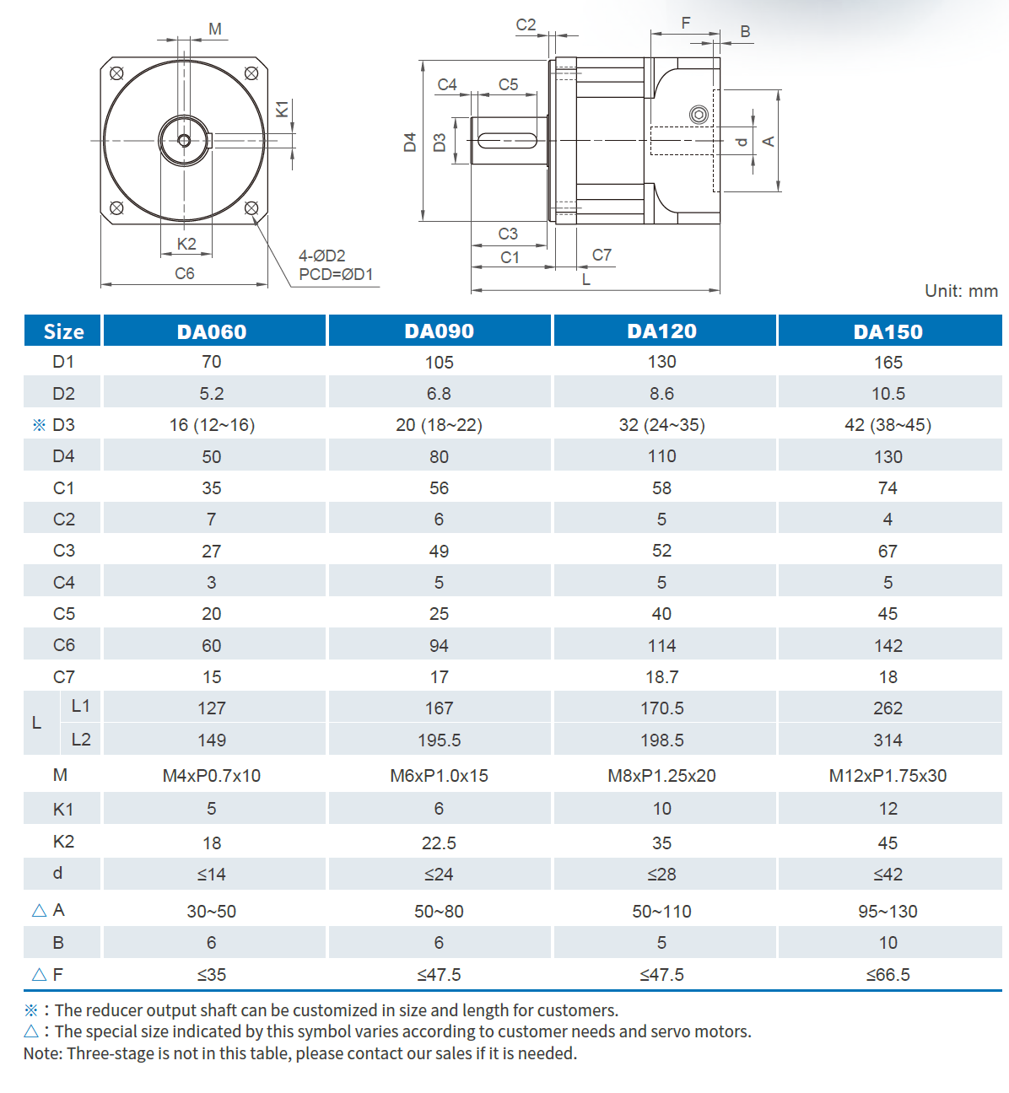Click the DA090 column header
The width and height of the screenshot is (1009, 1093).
[439, 331]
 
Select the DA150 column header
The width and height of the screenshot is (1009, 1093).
[888, 331]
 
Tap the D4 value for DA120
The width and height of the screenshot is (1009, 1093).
[661, 456]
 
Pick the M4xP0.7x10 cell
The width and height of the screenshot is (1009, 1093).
[211, 776]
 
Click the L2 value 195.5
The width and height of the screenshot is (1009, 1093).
[439, 740]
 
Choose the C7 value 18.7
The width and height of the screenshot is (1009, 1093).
[661, 677]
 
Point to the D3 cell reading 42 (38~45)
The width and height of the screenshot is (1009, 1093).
[888, 425]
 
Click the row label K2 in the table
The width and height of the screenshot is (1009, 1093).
[63, 842]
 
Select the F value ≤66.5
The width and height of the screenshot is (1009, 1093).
[888, 975]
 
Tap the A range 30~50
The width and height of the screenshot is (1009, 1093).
[211, 912]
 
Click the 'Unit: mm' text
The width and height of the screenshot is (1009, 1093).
[961, 291]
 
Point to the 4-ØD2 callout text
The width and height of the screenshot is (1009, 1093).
[321, 256]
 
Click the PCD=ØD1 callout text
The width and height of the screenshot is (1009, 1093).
[336, 275]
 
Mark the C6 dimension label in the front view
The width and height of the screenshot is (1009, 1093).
[184, 273]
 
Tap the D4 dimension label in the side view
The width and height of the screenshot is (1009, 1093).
[410, 142]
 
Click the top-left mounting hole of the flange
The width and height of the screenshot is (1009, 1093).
[117, 73]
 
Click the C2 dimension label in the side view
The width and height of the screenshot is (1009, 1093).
[526, 25]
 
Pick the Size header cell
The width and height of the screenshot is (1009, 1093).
[63, 331]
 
